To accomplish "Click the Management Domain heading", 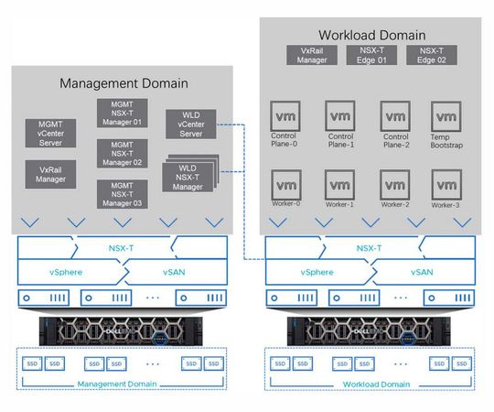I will coord(123,82).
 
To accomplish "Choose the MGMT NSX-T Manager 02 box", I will coord(122,153).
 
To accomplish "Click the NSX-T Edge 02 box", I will coord(431,54).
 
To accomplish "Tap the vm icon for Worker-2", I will coord(394,183).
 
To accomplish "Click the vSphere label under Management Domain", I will coord(65,272).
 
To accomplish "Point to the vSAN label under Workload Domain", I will coord(421,272).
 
